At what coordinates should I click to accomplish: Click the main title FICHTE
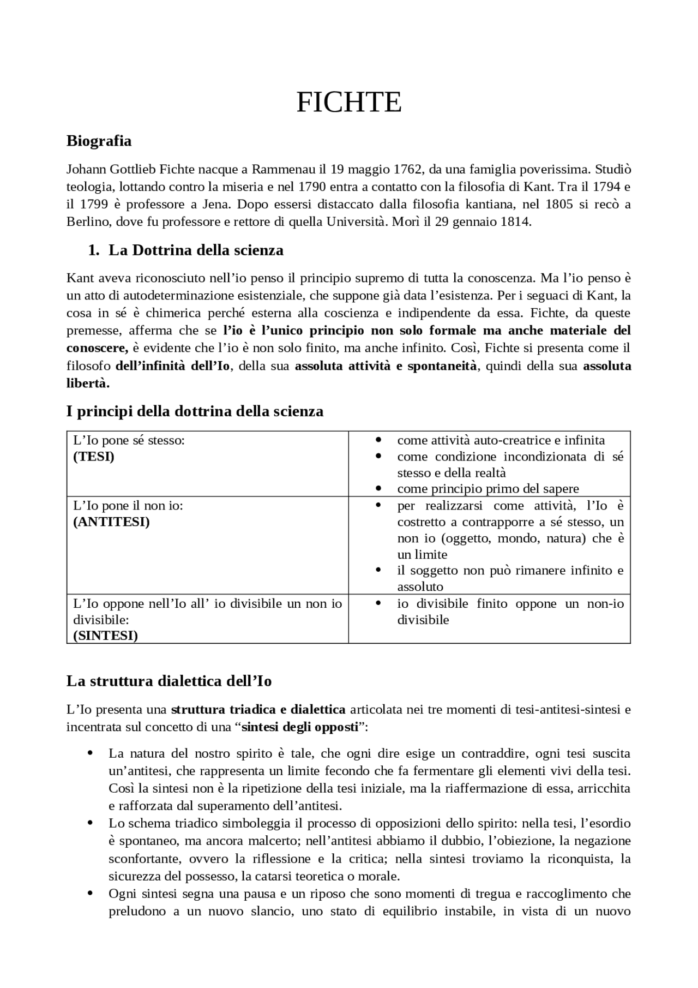(x=349, y=102)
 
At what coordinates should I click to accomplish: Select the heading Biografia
(x=99, y=141)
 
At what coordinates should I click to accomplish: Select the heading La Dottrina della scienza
(x=196, y=250)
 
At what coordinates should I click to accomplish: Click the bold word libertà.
(x=88, y=383)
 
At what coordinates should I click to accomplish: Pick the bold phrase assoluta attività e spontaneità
(x=386, y=366)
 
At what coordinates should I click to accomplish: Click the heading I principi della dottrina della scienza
(x=195, y=411)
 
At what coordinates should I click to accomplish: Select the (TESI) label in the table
(x=94, y=457)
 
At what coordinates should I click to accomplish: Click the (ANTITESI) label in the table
(x=111, y=522)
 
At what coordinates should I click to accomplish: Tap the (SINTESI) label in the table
(x=105, y=636)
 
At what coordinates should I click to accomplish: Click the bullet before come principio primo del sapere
(x=378, y=489)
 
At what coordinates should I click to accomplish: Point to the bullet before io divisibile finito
(x=378, y=603)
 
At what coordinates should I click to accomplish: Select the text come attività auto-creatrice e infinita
(x=501, y=440)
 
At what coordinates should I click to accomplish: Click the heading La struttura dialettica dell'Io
(x=169, y=681)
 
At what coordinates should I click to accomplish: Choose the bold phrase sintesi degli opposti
(x=300, y=727)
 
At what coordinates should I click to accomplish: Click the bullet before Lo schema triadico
(x=91, y=823)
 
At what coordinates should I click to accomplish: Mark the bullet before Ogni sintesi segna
(x=91, y=894)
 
